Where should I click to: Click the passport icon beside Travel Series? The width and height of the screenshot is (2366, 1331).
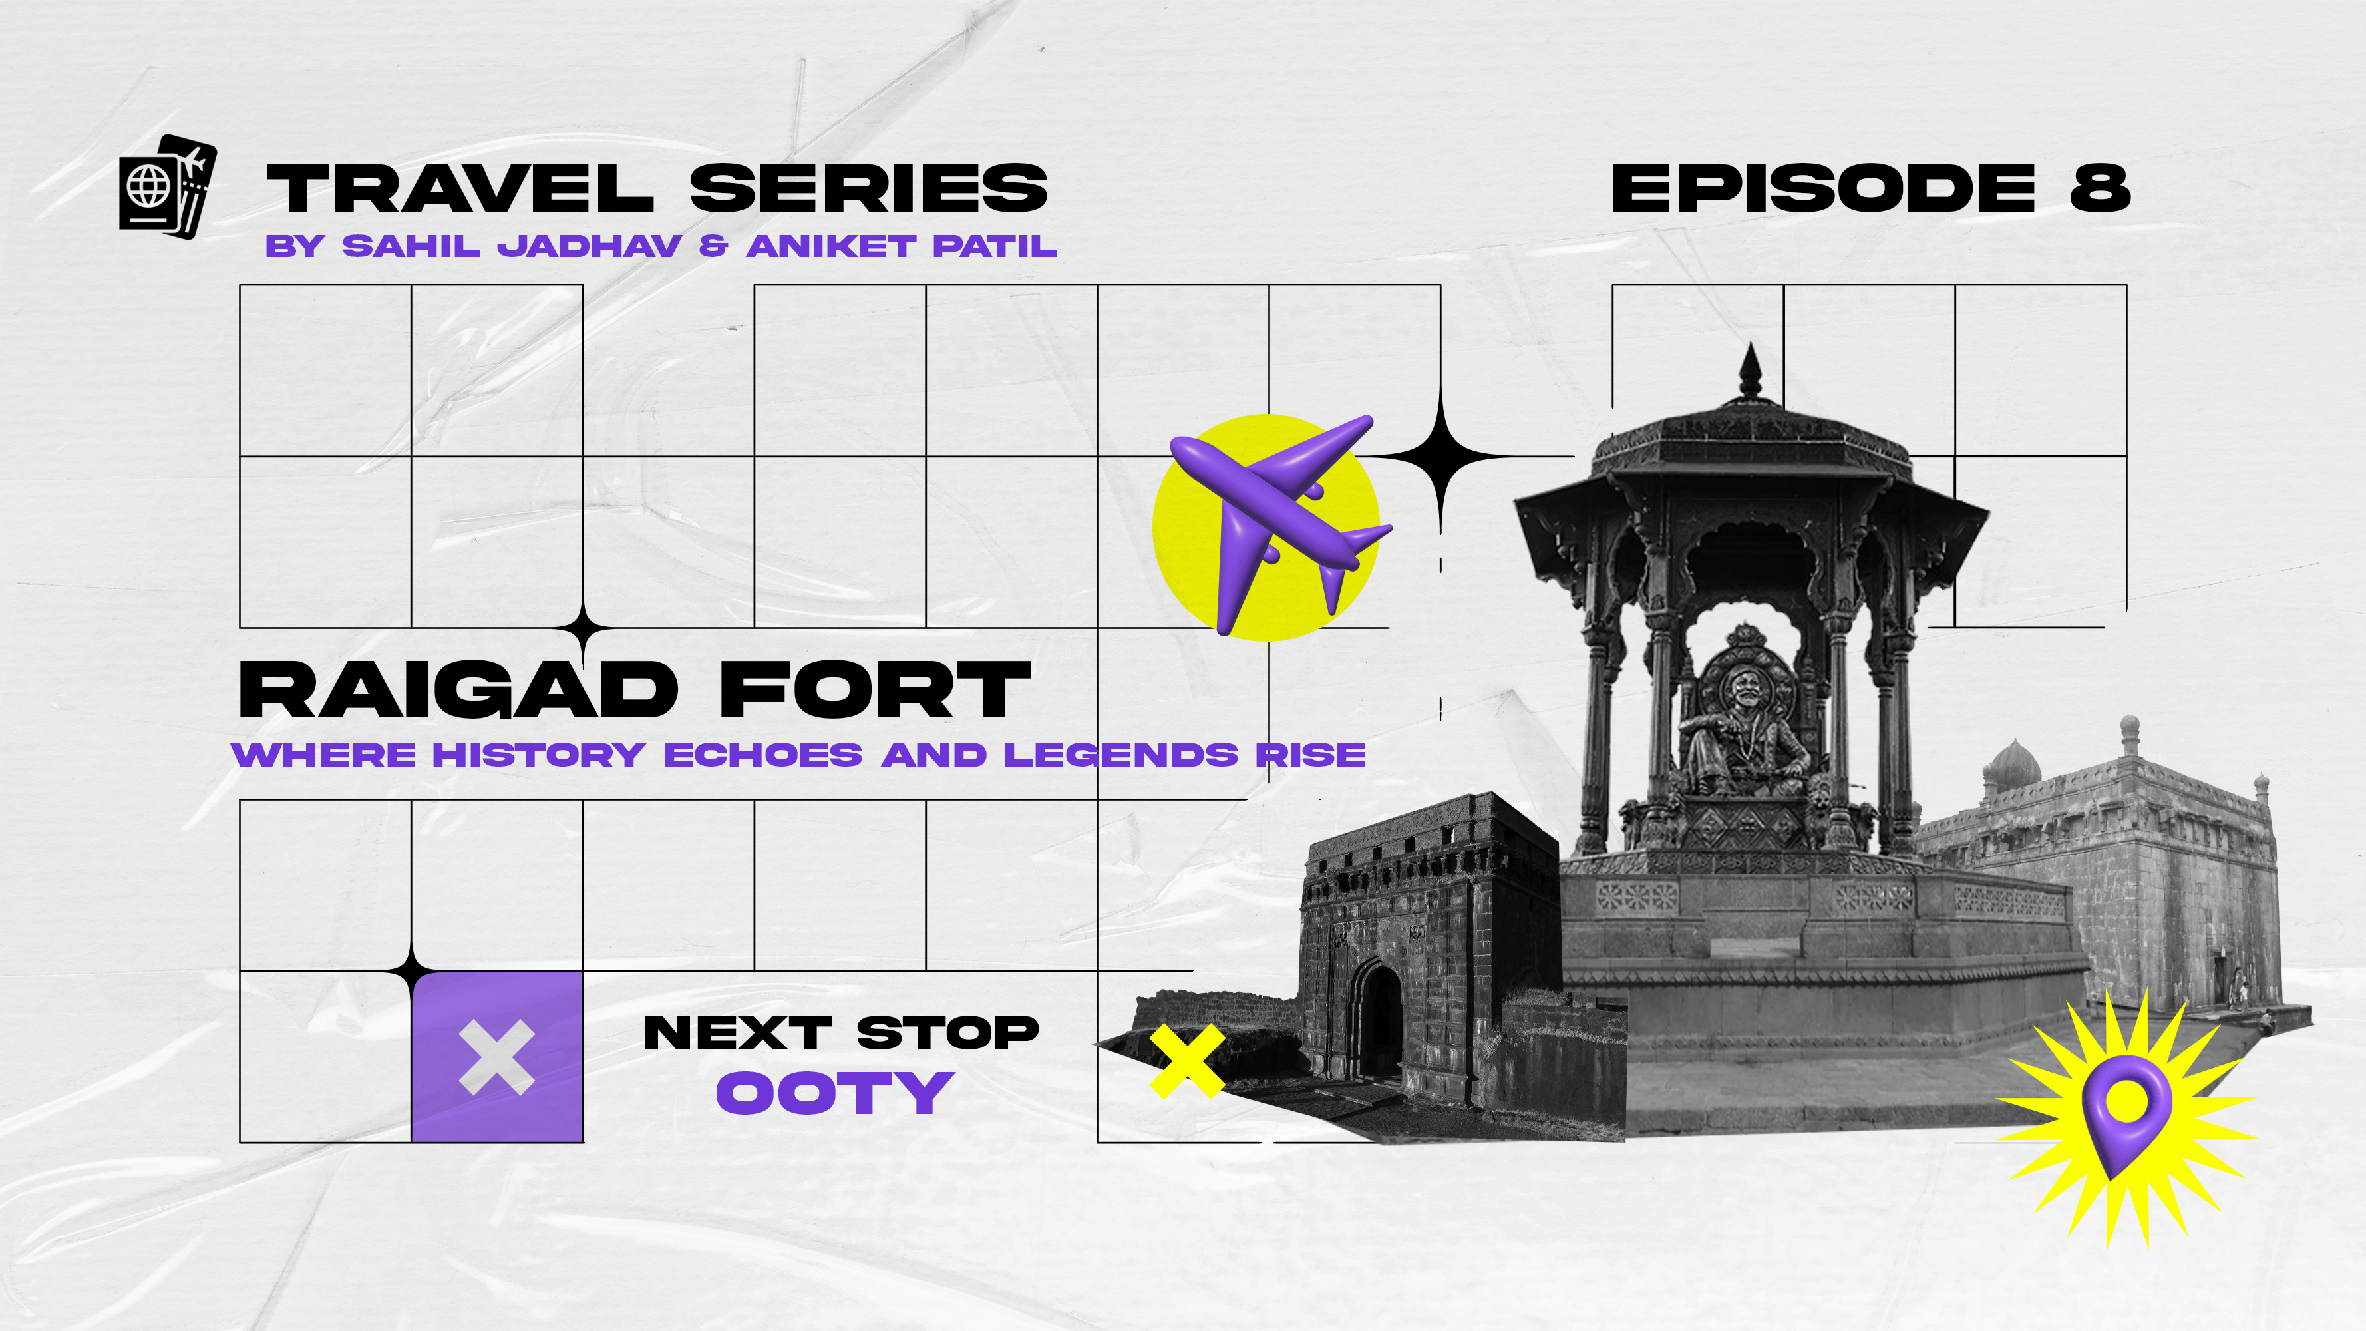(167, 186)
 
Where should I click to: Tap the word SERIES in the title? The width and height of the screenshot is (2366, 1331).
(868, 188)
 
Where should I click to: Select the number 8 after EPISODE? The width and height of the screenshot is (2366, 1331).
(2100, 188)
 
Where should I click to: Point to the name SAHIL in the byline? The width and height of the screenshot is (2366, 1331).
(411, 246)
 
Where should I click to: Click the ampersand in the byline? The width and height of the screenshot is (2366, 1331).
(714, 246)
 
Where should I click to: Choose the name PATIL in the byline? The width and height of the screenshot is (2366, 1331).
(995, 246)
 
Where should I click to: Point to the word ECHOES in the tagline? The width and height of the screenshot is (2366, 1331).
(763, 755)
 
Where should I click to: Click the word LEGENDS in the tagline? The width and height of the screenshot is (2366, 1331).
(1120, 755)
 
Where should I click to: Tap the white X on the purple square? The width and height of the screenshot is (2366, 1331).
(497, 1057)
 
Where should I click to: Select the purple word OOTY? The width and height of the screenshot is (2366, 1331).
(835, 1093)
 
